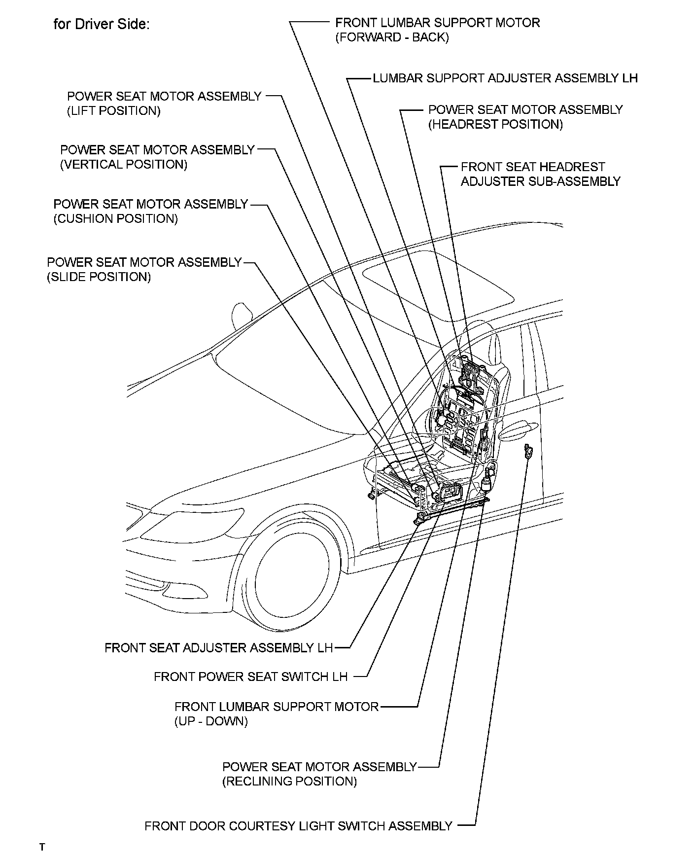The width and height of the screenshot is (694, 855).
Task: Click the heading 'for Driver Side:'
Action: pyautogui.click(x=101, y=24)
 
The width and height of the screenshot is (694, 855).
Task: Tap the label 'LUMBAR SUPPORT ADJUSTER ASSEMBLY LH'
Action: pyautogui.click(x=505, y=78)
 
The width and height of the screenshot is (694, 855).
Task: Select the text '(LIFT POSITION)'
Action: pyautogui.click(x=114, y=111)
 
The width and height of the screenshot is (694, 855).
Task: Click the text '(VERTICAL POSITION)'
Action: pyautogui.click(x=124, y=165)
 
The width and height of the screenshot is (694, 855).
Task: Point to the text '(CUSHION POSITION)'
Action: pyautogui.click(x=116, y=218)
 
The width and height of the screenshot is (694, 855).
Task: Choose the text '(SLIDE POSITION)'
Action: pyautogui.click(x=99, y=277)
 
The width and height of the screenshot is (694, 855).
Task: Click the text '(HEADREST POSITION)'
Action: pyautogui.click(x=495, y=124)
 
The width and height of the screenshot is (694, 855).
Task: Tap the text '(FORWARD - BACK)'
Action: pyautogui.click(x=392, y=37)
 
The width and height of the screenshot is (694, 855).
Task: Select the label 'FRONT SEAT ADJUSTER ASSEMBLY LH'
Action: pyautogui.click(x=219, y=647)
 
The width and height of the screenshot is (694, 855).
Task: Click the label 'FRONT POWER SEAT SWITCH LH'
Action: pyautogui.click(x=250, y=677)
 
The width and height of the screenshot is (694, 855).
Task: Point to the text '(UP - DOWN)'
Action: pyautogui.click(x=211, y=721)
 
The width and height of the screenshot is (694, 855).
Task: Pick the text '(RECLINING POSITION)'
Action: pyautogui.click(x=289, y=781)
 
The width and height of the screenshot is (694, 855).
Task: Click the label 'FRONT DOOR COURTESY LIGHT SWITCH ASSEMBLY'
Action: pyautogui.click(x=298, y=826)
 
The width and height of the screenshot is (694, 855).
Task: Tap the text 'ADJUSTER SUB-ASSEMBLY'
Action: pyautogui.click(x=540, y=181)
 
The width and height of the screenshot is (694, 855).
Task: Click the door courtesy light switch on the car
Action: pyautogui.click(x=529, y=451)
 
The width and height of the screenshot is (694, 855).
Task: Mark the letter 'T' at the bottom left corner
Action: pyautogui.click(x=42, y=847)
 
